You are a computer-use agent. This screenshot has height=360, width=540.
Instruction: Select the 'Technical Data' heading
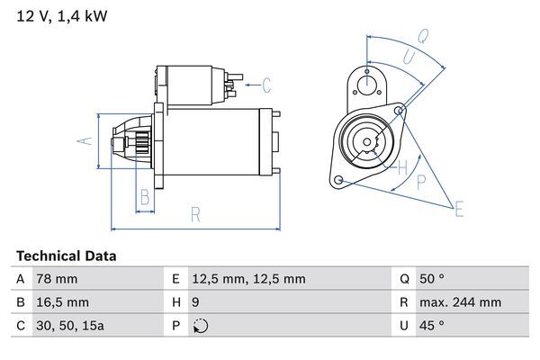[66, 256]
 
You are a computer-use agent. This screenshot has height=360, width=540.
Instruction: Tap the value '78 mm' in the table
[56, 280]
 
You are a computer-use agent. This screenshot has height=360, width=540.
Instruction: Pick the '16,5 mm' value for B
[62, 302]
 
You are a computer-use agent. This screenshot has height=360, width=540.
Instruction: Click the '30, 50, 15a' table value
[69, 326]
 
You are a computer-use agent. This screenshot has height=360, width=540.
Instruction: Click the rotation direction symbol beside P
[200, 326]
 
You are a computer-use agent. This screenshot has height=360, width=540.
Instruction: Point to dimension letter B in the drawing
[144, 198]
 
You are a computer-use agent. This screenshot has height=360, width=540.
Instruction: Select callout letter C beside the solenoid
[267, 86]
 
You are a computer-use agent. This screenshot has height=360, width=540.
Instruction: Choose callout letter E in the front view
[460, 211]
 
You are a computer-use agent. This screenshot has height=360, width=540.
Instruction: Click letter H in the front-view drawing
[403, 167]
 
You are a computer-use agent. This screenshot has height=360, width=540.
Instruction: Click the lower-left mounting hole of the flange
[338, 181]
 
